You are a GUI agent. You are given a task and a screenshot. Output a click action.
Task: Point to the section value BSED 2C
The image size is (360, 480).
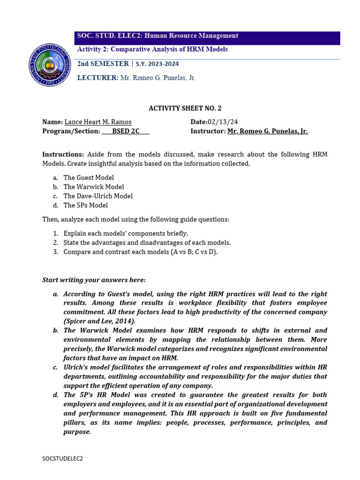coord(126,131)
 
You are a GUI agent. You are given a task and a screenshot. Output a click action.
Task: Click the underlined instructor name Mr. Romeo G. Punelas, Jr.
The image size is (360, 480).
coord(268,131)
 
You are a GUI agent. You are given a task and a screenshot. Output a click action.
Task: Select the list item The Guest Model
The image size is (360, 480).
coord(89,178)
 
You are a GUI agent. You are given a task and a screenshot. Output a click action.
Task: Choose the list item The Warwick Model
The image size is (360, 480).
coord(94,187)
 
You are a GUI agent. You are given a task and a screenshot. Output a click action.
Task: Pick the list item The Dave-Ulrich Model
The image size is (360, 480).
coord(98,196)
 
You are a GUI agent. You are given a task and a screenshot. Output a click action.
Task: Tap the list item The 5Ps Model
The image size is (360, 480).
coord(85,205)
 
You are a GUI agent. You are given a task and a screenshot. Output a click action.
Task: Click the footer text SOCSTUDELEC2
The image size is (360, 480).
coord(62,458)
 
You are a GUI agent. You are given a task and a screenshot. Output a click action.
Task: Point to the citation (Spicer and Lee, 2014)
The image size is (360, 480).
coord(99,321)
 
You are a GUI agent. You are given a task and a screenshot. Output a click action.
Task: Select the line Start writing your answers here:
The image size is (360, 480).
coord(94,280)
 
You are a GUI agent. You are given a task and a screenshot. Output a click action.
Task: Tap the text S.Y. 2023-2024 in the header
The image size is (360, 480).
coord(157,64)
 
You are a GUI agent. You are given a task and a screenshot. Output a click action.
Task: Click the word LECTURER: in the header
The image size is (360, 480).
coord(97,78)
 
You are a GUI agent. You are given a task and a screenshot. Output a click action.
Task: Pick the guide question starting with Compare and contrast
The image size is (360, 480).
coord(141,252)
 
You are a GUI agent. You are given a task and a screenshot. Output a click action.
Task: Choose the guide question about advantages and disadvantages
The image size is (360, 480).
coord(147,242)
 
